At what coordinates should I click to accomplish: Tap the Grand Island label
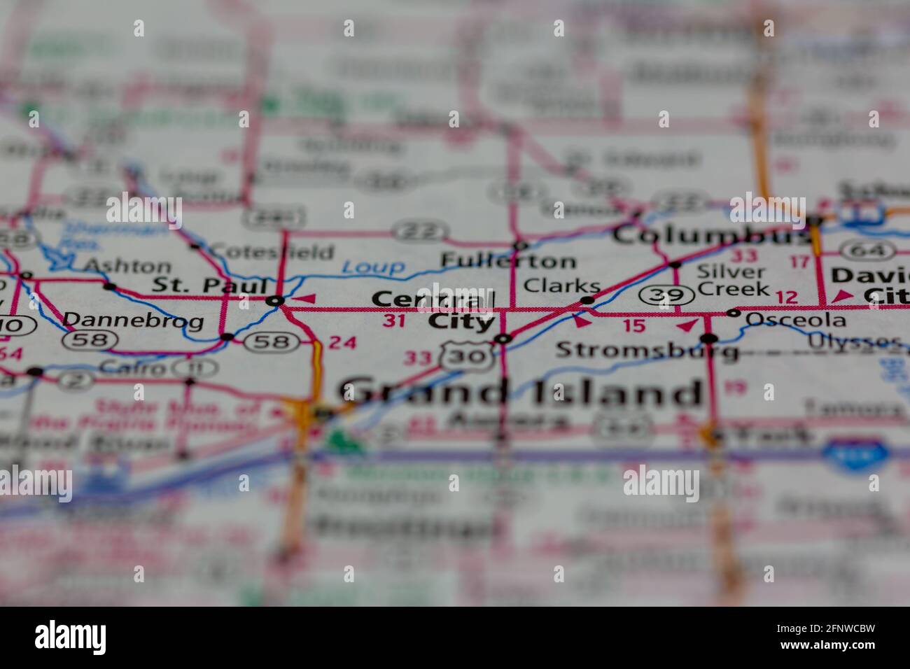[x=521, y=393]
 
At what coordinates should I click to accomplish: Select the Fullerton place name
[x=508, y=262]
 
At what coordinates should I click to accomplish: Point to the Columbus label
[x=707, y=235]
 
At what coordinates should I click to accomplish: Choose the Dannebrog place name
[x=133, y=321]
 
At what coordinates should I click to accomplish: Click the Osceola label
[x=795, y=321]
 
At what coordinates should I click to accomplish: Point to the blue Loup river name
[x=374, y=267]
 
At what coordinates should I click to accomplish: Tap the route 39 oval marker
[x=666, y=297]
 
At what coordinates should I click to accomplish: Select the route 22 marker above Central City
[x=419, y=230]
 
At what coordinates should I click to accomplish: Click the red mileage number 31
[x=394, y=321]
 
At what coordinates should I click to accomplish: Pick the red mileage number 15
[x=633, y=325]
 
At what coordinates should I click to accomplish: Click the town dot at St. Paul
[x=275, y=301]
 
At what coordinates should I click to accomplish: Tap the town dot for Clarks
[x=587, y=301]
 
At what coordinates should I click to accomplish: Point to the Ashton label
[x=127, y=266]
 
